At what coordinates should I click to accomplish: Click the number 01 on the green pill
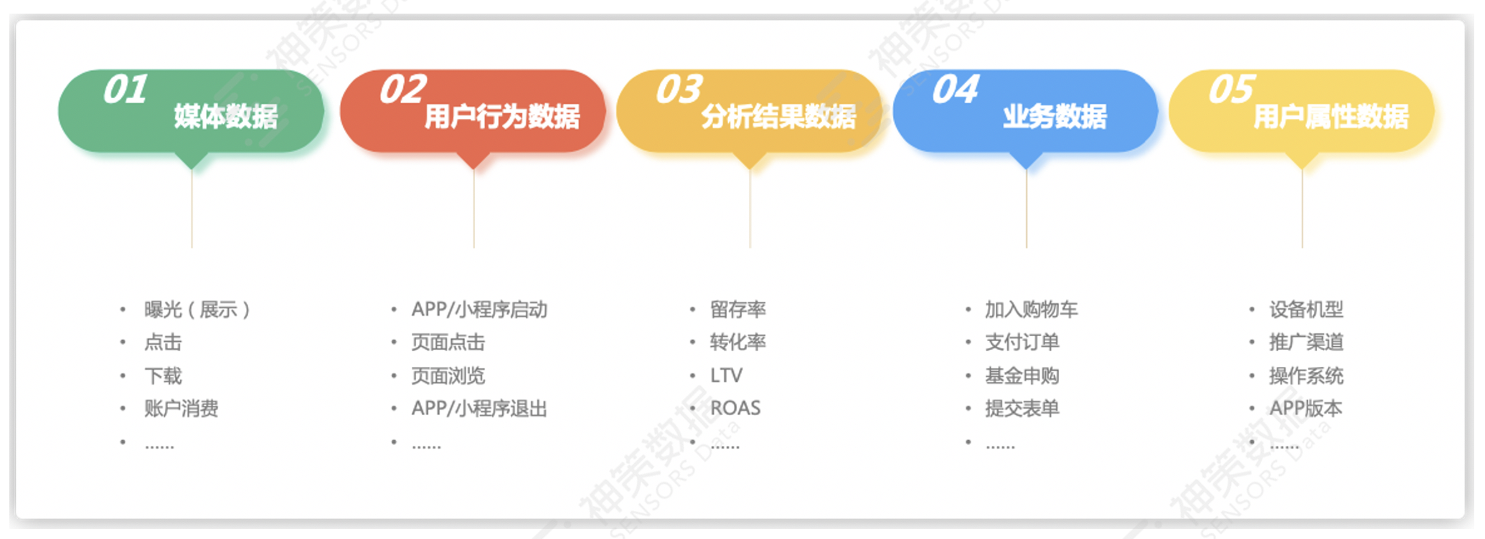pos(126,90)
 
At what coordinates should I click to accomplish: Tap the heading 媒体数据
pos(226,116)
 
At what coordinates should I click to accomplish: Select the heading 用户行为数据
pos(502,116)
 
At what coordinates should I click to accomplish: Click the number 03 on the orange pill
pos(679,90)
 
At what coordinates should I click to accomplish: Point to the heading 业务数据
pos(1055,116)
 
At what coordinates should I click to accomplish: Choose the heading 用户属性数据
pos(1331,116)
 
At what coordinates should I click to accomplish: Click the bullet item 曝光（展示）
pos(197,310)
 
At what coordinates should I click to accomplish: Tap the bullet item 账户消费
pos(181,409)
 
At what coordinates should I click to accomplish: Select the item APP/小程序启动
pos(479,310)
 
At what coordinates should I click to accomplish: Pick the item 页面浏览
pos(448,376)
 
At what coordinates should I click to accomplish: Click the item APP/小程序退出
pos(479,409)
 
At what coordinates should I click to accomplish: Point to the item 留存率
pos(738,310)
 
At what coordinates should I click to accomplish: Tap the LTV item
pos(726,376)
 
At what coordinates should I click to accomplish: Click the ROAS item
pos(735,408)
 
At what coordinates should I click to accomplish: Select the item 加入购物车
pos(1032,310)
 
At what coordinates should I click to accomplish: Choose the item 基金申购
pos(1022,376)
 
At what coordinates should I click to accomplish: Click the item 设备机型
pos(1306,310)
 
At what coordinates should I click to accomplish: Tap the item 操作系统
pos(1306,376)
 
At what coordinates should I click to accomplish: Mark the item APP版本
pos(1306,409)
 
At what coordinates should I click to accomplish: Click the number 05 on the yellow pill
pos(1232,90)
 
